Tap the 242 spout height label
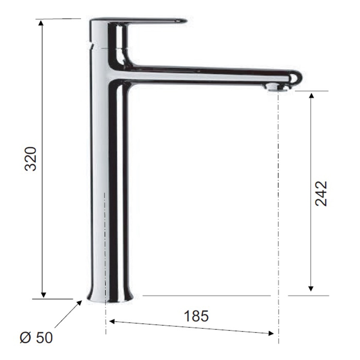click(x=321, y=193)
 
